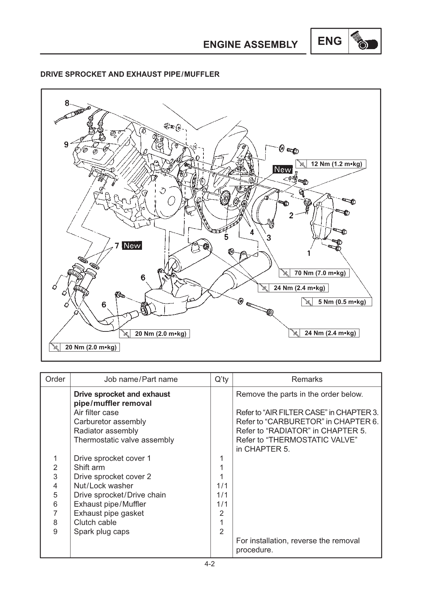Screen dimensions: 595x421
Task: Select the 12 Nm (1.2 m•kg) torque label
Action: click(331, 164)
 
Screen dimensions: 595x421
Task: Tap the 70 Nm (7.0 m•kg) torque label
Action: click(315, 273)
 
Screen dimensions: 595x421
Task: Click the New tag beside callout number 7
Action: click(132, 246)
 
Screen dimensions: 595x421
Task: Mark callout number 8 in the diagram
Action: click(67, 103)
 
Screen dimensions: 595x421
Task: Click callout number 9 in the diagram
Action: click(66, 144)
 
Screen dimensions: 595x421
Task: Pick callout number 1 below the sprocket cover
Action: click(309, 253)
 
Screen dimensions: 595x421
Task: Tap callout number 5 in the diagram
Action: click(226, 237)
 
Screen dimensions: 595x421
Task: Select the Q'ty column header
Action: click(221, 379)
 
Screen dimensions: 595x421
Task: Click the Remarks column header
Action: click(307, 379)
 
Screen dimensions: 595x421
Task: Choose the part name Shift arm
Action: click(89, 467)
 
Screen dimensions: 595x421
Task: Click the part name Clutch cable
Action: click(95, 522)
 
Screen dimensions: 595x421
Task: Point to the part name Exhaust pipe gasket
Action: click(109, 513)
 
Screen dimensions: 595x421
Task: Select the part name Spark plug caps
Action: click(102, 531)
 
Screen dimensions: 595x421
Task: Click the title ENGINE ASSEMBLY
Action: click(250, 45)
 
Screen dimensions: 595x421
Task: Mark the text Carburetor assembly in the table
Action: click(110, 422)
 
